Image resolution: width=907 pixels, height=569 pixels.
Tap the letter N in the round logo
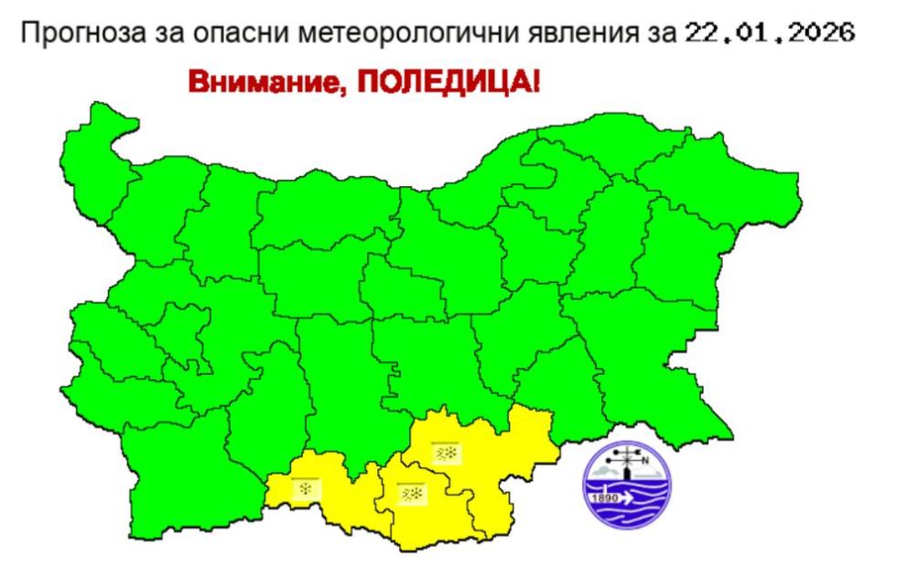pos(646,460)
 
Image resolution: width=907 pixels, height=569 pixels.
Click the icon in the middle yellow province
pos(409,493)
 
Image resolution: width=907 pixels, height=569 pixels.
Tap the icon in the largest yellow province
pos(445,454)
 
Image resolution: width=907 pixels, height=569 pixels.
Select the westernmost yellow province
pos(320,499)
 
